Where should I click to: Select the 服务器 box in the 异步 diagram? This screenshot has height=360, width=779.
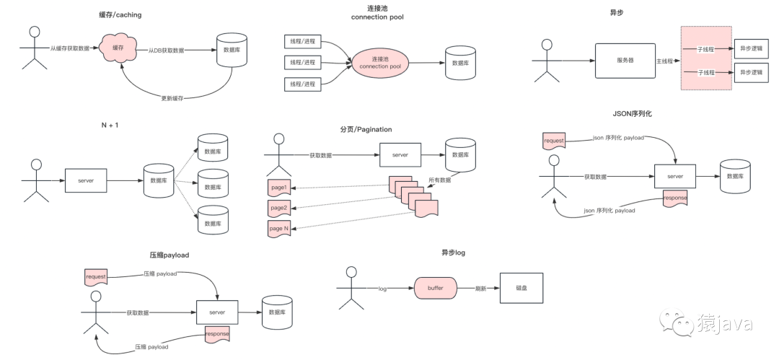pyautogui.click(x=625, y=61)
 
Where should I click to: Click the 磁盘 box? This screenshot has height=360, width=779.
pyautogui.click(x=521, y=288)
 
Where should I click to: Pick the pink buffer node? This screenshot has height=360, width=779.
pyautogui.click(x=435, y=288)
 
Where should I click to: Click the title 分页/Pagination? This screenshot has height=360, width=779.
pyautogui.click(x=366, y=130)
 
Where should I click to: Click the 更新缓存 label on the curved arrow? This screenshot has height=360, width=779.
pyautogui.click(x=172, y=97)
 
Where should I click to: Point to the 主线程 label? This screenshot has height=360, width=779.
pyautogui.click(x=664, y=62)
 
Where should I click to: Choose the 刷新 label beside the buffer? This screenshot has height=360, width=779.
pyautogui.click(x=480, y=288)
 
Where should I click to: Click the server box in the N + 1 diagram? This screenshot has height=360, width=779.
pyautogui.click(x=86, y=180)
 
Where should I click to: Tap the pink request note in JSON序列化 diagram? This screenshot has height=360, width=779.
pyautogui.click(x=554, y=140)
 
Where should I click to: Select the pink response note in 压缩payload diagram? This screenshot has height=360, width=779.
pyautogui.click(x=217, y=334)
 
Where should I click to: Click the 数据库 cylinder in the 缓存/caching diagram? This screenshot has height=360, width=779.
pyautogui.click(x=232, y=49)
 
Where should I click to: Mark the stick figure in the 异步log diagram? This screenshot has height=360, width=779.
pyautogui.click(x=351, y=288)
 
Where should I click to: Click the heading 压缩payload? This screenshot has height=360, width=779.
pyautogui.click(x=170, y=255)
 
